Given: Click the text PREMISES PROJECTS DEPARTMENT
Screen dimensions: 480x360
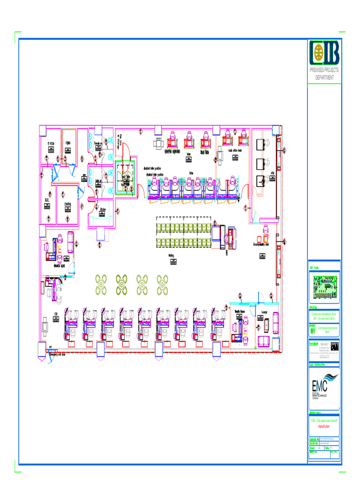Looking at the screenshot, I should click(x=324, y=74).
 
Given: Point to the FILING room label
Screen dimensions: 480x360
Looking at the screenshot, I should click(x=68, y=143).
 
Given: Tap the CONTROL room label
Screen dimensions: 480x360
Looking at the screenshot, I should click(x=67, y=204).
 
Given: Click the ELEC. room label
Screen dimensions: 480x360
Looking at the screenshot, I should click(x=47, y=200).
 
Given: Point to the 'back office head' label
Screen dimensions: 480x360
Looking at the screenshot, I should click(x=235, y=150).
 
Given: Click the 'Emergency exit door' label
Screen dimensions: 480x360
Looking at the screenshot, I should click(x=60, y=355).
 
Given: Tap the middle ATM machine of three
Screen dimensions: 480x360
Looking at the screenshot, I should click(x=260, y=164).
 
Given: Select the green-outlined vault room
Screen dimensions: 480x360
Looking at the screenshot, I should click(x=125, y=179).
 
